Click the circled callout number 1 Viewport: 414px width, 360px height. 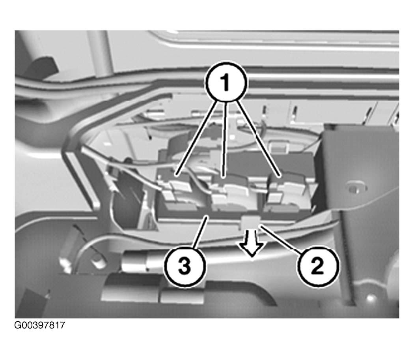point(226,82)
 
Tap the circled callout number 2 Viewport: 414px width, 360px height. point(318,266)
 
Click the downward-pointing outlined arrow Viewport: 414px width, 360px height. point(251,243)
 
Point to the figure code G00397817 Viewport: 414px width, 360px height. point(39,325)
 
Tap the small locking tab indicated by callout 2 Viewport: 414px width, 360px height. point(250,222)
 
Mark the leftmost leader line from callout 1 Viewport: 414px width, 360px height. point(197,138)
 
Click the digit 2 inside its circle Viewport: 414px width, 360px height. point(318,266)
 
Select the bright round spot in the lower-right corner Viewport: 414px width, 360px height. point(371,298)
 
